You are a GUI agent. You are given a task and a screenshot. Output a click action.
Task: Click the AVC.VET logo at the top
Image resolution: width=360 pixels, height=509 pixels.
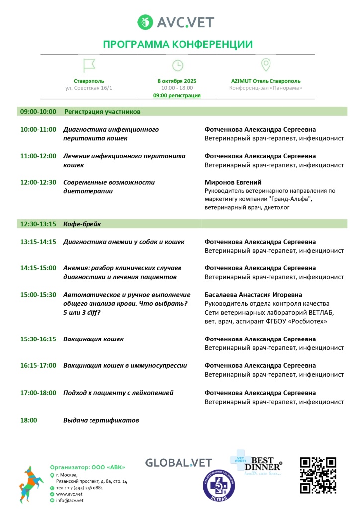pos(176,22)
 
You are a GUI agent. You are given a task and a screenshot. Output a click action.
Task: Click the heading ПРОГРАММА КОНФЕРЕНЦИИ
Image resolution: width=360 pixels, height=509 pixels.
pos(178,44)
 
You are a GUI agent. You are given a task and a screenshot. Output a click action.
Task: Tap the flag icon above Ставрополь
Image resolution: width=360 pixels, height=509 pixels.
pos(89,65)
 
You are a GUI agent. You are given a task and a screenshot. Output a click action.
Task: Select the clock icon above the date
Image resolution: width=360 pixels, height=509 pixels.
pos(177,65)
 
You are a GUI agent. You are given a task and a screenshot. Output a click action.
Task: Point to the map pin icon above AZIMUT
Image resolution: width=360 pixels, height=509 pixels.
pos(266,65)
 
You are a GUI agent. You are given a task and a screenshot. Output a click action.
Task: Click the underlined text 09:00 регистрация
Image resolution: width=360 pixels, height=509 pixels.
pos(177,95)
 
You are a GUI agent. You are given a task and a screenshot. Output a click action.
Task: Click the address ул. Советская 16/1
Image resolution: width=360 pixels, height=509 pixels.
pos(89,88)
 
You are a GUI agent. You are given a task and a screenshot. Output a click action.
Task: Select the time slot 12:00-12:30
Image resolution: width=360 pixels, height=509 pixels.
pos(38,182)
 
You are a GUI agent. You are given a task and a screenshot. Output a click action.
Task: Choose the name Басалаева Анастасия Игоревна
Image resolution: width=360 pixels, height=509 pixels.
pos(254,295)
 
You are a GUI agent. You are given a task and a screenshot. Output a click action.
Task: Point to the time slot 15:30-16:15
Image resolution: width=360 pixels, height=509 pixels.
pos(38,339)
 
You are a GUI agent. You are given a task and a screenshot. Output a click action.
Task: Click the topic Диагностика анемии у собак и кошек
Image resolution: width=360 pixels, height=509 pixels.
pos(124,242)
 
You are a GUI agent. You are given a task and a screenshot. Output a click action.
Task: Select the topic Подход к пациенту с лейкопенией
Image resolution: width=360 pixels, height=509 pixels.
pos(118,393)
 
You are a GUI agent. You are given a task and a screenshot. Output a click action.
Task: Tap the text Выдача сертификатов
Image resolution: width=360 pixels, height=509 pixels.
pos(101,420)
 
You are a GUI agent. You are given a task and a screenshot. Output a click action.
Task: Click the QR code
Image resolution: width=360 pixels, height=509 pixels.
pos(318,475)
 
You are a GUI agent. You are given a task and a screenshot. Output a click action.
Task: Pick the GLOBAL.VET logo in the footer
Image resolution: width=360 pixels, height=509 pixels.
pos(179,463)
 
